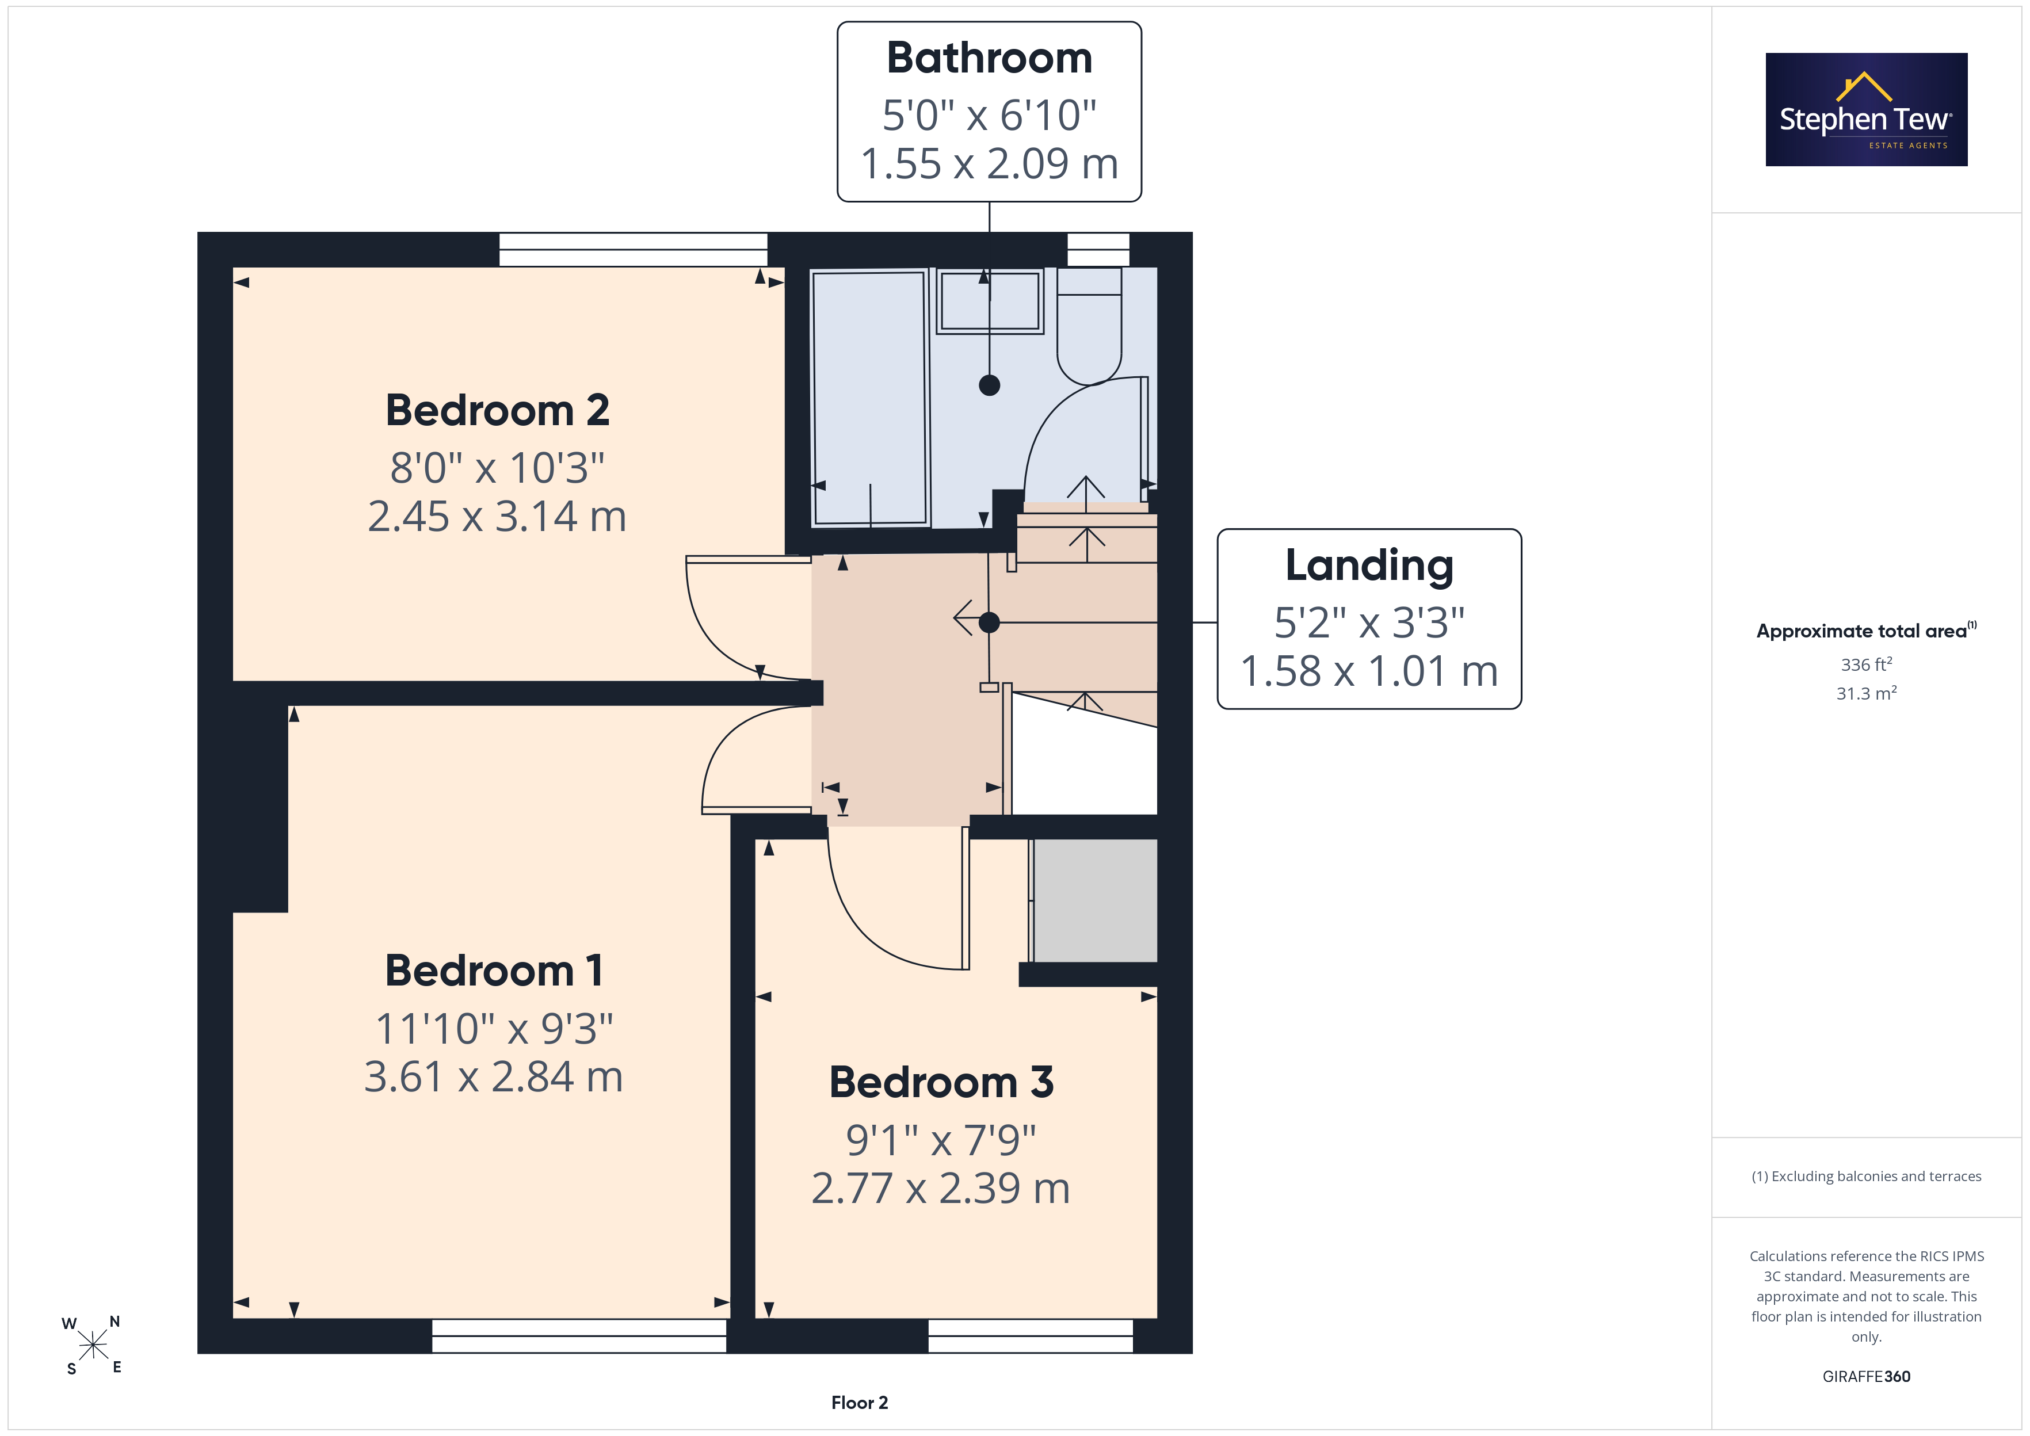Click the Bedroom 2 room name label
(x=497, y=410)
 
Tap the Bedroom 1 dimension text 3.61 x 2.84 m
(x=493, y=1077)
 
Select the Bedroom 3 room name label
(x=941, y=1082)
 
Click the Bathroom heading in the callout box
(x=989, y=58)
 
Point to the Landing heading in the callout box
(x=1369, y=567)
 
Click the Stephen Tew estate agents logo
(x=1867, y=110)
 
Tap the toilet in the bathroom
(x=1089, y=326)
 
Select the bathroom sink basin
(x=989, y=301)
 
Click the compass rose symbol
(x=92, y=1346)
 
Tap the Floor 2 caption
(x=860, y=1403)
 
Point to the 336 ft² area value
(x=1867, y=664)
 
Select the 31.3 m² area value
(x=1867, y=693)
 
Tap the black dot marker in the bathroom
(x=989, y=385)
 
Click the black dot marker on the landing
(x=989, y=622)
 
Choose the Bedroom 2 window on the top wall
(x=633, y=249)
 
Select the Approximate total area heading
(x=1867, y=631)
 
